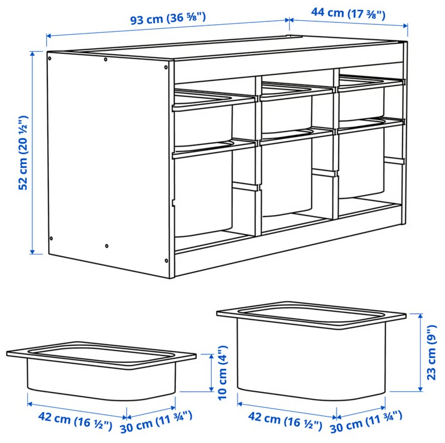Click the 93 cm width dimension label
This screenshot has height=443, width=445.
click(168, 19)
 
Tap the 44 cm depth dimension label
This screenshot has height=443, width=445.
click(348, 13)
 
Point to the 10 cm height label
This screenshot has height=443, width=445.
click(223, 373)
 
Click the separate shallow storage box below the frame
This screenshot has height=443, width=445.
click(101, 371)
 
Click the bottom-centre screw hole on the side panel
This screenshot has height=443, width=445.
click(107, 246)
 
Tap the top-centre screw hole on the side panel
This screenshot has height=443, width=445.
click(106, 59)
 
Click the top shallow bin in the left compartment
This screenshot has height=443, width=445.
click(203, 116)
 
